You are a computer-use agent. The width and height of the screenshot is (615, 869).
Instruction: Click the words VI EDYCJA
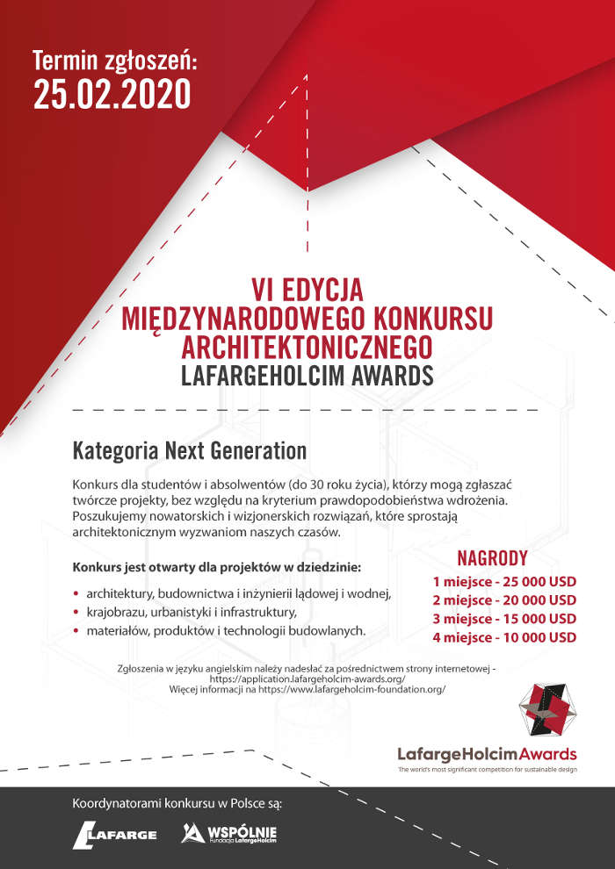click(x=307, y=289)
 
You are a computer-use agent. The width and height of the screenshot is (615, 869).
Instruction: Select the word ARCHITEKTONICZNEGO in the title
click(x=307, y=346)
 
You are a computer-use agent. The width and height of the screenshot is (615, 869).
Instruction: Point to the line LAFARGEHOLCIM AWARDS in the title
click(x=307, y=375)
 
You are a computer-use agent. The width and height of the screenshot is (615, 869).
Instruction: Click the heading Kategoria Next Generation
click(x=190, y=451)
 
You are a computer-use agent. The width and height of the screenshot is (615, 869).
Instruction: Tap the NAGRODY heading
click(x=492, y=558)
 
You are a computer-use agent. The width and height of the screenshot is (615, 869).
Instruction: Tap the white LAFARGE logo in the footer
click(x=115, y=834)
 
